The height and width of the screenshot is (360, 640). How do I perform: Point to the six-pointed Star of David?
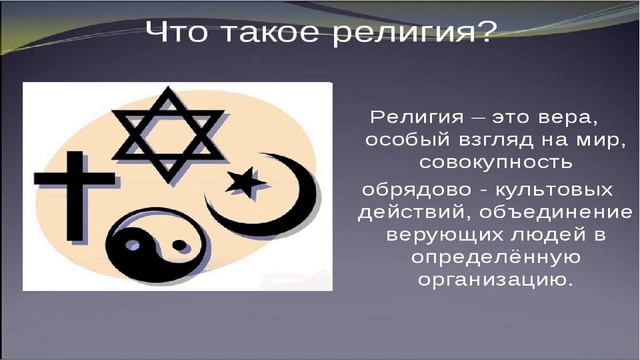click(x=168, y=126)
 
